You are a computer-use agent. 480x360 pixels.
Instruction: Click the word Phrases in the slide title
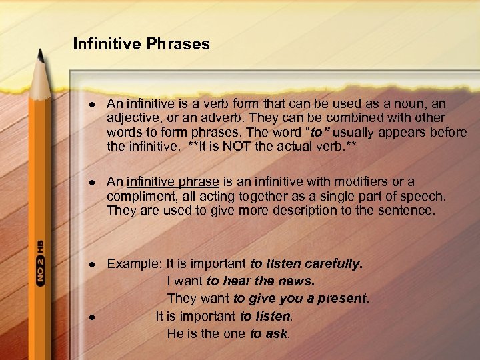(x=178, y=45)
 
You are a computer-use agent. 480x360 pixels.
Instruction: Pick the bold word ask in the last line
(x=277, y=333)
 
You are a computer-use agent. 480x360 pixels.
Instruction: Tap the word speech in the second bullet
(x=427, y=196)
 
